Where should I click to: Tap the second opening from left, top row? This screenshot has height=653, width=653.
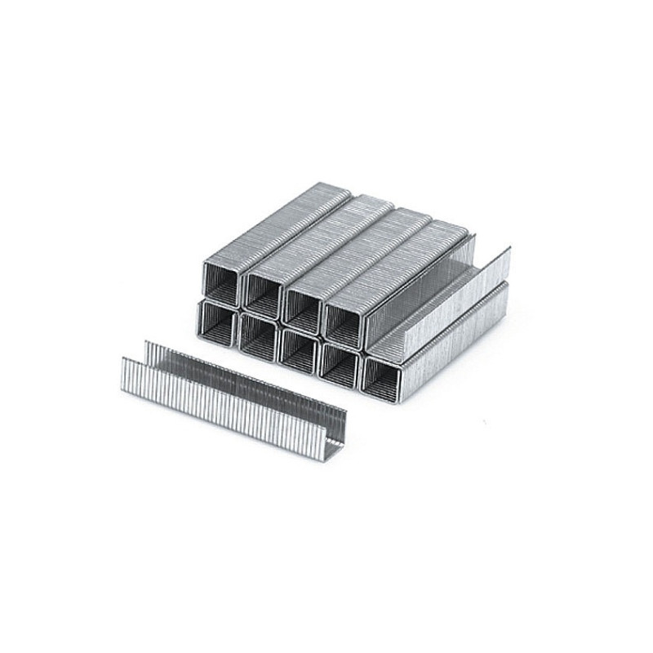(x=263, y=291)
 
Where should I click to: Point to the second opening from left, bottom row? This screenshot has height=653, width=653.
(x=257, y=335)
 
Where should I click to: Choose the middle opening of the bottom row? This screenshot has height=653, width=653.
(x=298, y=349)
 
